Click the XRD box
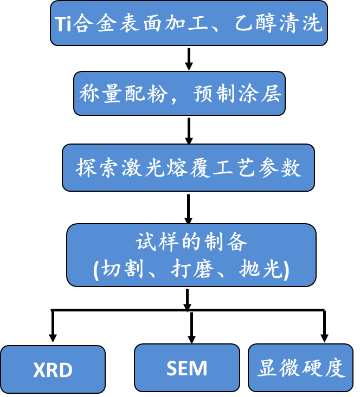tap(53, 369)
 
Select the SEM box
tap(187, 368)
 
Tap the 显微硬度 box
tap(300, 368)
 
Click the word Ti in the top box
tap(63, 24)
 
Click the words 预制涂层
tap(237, 94)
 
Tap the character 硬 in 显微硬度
tap(312, 368)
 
